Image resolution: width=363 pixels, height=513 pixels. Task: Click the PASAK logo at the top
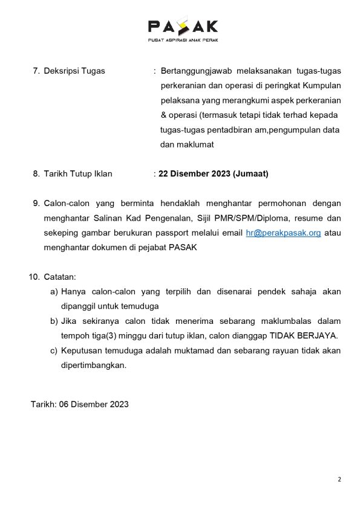click(183, 26)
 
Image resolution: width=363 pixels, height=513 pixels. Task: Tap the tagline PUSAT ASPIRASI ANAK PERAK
click(183, 40)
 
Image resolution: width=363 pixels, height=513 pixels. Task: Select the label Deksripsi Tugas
click(74, 71)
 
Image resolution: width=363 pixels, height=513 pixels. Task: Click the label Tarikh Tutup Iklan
click(78, 174)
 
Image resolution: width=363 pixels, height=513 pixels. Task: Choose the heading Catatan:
click(60, 277)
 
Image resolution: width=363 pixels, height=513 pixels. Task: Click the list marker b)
click(54, 321)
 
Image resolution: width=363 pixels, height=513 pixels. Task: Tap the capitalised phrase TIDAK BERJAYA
click(304, 335)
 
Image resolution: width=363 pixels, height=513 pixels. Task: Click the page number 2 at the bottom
click(339, 480)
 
